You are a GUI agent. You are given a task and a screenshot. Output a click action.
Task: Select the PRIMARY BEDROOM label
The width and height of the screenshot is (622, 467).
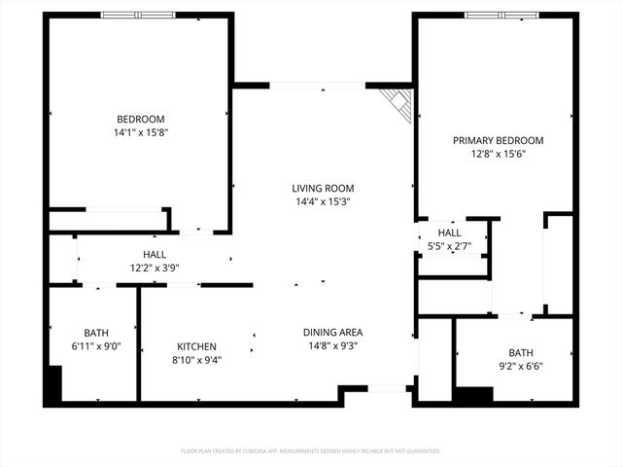coord(498,140)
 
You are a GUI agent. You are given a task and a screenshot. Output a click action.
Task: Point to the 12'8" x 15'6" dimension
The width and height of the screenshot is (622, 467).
coord(498,154)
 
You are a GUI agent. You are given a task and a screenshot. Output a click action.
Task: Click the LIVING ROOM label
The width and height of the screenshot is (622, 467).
coord(323,188)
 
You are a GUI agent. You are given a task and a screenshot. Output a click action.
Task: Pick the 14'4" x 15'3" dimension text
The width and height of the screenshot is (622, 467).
coord(323,202)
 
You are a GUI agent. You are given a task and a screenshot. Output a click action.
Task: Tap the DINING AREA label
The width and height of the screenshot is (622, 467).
coord(333,332)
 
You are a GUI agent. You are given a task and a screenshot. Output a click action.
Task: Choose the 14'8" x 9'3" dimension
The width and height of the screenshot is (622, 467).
coord(333,345)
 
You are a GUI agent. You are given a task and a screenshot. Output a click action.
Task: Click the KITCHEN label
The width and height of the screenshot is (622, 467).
coord(196,346)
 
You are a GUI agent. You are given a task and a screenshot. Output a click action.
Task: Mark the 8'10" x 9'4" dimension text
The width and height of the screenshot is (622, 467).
coord(196,360)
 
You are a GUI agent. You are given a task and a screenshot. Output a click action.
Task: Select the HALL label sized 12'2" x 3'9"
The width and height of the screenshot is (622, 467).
coord(155,254)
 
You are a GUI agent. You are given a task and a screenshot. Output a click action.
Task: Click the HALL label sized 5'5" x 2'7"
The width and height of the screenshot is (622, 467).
coord(449,233)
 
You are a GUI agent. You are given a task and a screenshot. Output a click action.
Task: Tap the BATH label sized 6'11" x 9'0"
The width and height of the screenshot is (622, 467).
coord(96,332)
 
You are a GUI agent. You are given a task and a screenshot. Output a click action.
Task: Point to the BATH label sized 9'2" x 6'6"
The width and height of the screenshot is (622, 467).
coord(521,352)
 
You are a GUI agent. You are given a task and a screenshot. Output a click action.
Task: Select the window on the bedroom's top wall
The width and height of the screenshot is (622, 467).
coord(139,15)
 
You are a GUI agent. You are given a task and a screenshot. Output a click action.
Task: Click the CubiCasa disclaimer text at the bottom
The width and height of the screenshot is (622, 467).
coord(311,451)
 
